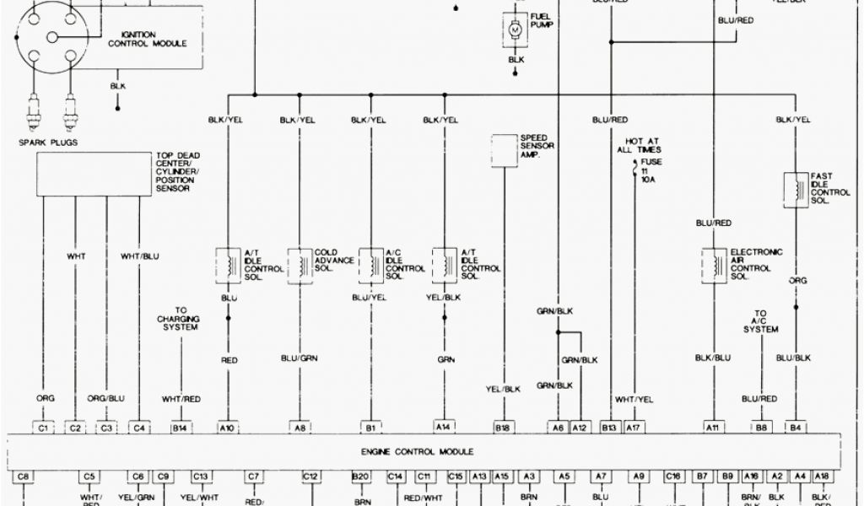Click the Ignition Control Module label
coord(148,39)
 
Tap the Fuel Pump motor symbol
coord(515,30)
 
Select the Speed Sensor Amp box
coord(505,148)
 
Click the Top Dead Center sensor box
coord(93,175)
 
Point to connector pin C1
coord(44,428)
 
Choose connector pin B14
coord(179,428)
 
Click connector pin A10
coord(229,428)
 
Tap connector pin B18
coord(504,428)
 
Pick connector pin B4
coord(795,428)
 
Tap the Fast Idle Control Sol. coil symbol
coord(795,189)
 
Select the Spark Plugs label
coord(48,143)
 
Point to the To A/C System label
coord(760,321)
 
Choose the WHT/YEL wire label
coord(634,398)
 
